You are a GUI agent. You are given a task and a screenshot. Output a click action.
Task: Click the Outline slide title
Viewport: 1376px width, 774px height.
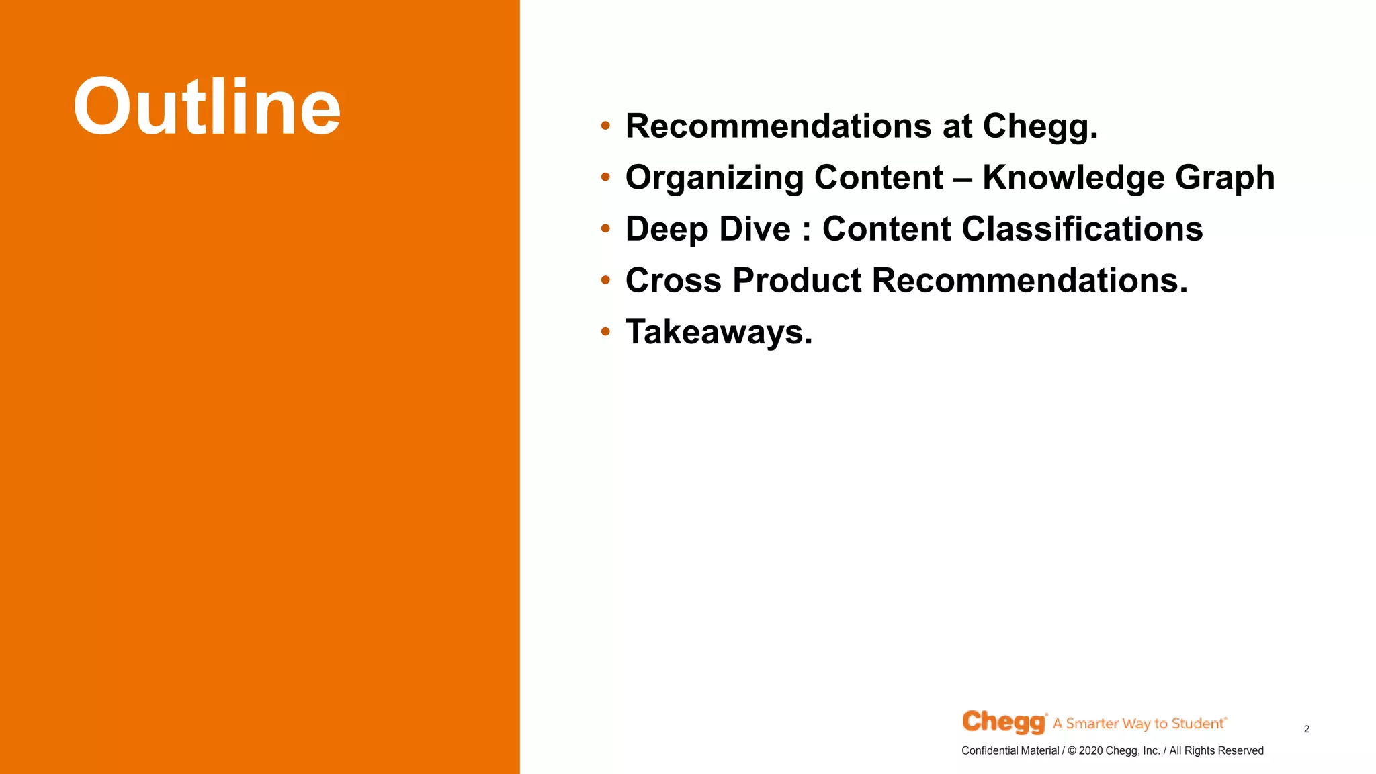click(207, 107)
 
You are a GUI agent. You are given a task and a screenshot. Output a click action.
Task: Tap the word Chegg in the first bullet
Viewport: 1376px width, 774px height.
click(1040, 127)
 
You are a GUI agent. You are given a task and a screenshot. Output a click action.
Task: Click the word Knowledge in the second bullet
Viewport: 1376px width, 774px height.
click(1073, 179)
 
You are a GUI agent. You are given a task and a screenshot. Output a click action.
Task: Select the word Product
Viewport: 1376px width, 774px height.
click(797, 280)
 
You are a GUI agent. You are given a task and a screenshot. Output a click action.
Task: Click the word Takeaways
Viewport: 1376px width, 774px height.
click(718, 333)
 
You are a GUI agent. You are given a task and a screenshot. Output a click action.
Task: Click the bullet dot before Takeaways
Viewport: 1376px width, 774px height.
click(605, 331)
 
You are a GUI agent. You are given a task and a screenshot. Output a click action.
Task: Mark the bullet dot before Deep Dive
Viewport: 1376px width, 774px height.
click(605, 228)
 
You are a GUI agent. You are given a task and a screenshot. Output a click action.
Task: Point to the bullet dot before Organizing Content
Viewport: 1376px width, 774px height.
click(605, 177)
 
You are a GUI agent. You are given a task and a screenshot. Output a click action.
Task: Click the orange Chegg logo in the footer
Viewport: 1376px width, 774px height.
click(1004, 722)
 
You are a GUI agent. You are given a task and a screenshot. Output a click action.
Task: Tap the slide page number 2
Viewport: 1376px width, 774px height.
click(1306, 729)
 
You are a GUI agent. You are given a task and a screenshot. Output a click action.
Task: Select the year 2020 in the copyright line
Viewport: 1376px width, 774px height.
click(1090, 750)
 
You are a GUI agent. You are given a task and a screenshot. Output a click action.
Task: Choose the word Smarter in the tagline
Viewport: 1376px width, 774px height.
click(1092, 724)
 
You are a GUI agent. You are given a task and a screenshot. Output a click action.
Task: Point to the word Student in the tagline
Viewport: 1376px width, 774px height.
click(1197, 724)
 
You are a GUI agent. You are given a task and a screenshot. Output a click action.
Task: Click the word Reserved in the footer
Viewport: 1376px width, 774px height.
click(1240, 750)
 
